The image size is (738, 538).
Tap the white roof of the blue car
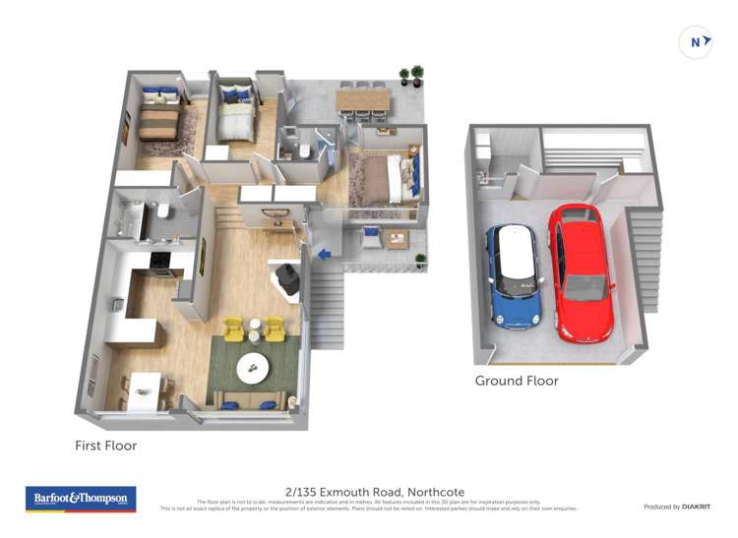tap(513, 253)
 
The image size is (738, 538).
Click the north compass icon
tap(697, 42)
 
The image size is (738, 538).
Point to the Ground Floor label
tap(517, 381)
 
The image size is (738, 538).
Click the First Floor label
tap(105, 446)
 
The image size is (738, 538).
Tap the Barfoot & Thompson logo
tap(81, 500)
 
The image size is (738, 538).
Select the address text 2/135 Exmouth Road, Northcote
tap(375, 492)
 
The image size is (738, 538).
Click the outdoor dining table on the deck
tap(363, 99)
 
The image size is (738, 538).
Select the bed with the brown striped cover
tap(158, 124)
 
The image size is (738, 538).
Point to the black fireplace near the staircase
tap(288, 277)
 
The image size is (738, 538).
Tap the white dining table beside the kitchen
tap(145, 389)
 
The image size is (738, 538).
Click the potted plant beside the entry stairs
tap(421, 261)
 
